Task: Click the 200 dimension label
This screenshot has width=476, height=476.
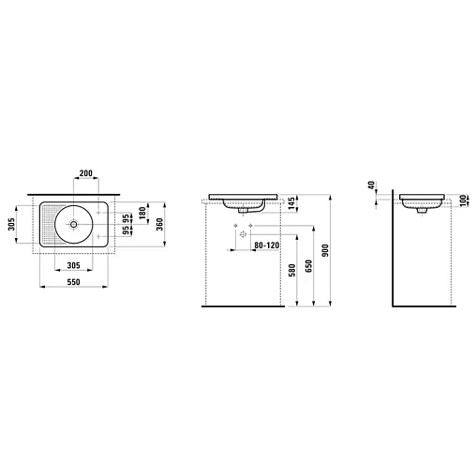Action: click(85, 173)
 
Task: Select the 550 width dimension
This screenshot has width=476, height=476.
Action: click(73, 282)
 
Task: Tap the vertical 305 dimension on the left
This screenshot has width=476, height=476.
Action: click(11, 224)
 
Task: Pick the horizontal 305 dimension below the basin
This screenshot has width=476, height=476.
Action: click(73, 265)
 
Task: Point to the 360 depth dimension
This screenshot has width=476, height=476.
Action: click(159, 224)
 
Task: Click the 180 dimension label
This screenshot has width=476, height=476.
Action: click(143, 213)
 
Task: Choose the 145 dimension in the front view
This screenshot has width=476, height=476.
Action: click(291, 203)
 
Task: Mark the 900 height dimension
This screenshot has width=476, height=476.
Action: click(325, 250)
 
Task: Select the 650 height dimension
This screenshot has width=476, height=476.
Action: click(309, 266)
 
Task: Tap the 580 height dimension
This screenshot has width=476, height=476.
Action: click(291, 271)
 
